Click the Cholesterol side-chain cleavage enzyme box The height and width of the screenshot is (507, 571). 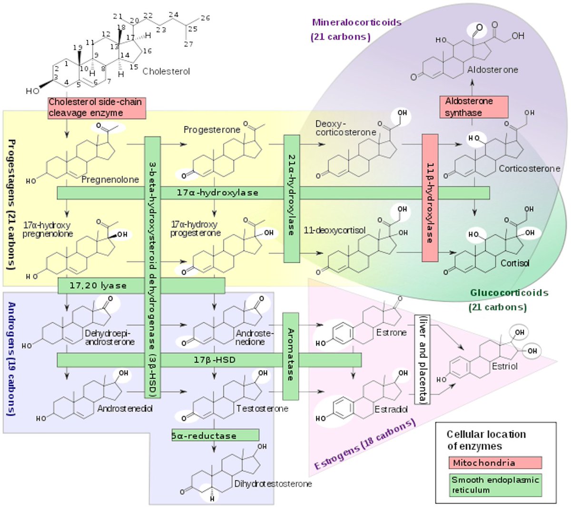[96, 108]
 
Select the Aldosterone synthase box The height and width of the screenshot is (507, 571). [473, 107]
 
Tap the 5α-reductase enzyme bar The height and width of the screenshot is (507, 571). [215, 435]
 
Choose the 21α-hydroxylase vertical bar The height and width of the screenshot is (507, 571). [292, 198]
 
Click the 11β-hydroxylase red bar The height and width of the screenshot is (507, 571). [430, 198]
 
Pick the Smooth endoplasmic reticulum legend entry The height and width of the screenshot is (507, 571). [495, 485]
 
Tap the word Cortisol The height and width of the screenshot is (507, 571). [514, 263]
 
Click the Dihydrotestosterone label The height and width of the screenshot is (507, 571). [273, 484]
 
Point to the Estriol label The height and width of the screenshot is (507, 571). [504, 366]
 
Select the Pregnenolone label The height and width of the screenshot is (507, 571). [110, 179]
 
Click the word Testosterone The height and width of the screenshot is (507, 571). [262, 408]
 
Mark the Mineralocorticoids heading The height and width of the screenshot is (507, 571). [356, 22]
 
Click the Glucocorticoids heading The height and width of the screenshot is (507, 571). [509, 293]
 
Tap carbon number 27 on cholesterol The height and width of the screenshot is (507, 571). [189, 44]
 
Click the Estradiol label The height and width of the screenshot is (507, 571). [391, 409]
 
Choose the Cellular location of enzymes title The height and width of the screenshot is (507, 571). [486, 440]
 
